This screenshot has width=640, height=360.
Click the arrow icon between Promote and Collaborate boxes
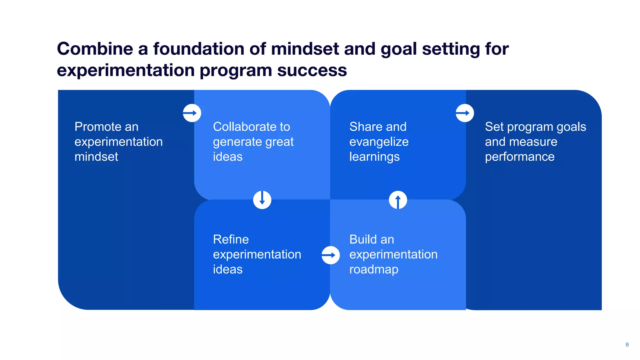(192, 113)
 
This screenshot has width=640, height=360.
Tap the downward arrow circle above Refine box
(262, 200)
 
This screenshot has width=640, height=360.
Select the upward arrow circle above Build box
(398, 200)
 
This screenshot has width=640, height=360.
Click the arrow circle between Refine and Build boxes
(331, 255)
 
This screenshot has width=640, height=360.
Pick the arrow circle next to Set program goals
(465, 113)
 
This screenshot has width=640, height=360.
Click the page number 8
(627, 345)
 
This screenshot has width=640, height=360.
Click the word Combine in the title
(95, 49)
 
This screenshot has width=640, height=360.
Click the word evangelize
(379, 142)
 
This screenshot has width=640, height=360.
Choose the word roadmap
(374, 269)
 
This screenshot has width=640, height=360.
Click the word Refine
(231, 240)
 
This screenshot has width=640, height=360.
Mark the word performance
(520, 157)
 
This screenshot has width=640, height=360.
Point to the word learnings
(374, 157)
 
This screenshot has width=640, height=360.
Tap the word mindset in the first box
(96, 157)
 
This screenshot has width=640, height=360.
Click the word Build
(363, 240)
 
